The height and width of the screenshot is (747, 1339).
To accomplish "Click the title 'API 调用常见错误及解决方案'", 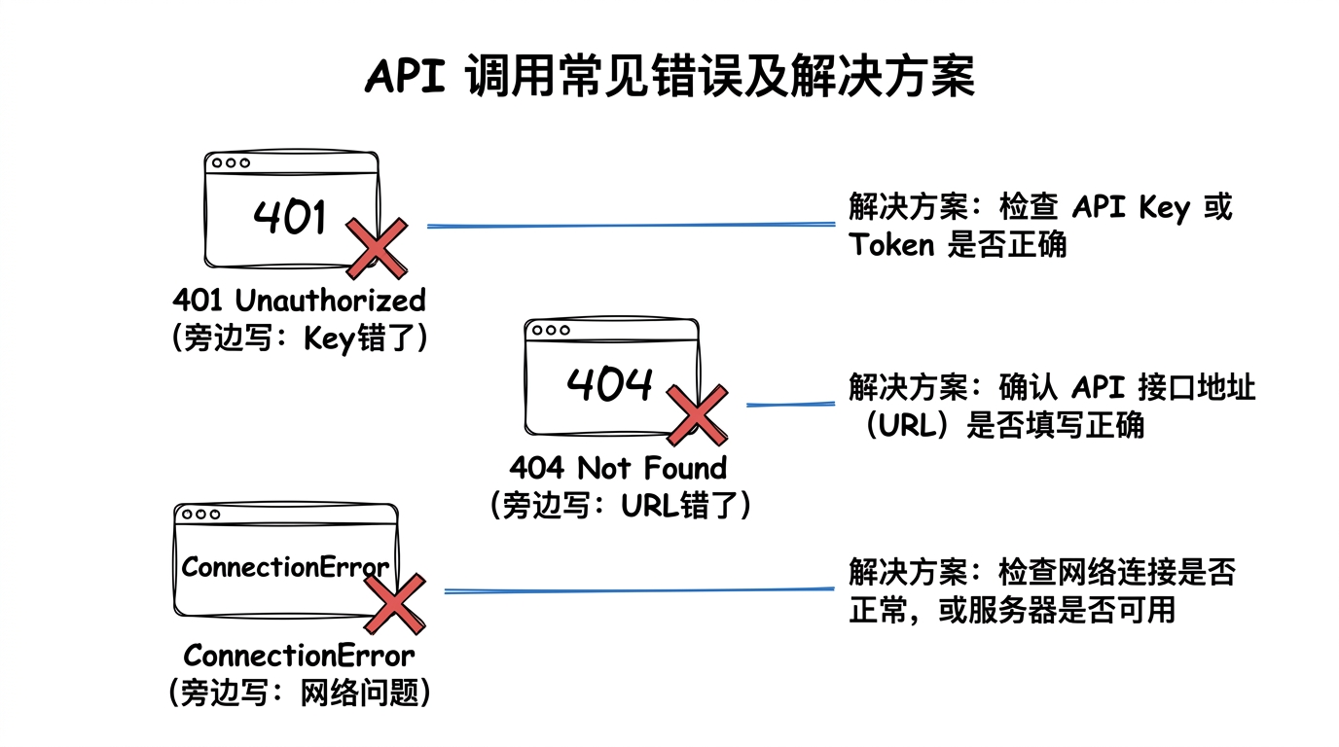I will tap(669, 77).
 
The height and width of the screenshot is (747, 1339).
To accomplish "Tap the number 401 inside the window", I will tap(290, 216).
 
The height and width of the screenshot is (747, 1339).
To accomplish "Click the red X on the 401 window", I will tap(376, 249).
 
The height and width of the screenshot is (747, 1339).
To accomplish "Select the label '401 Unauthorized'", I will tap(299, 300).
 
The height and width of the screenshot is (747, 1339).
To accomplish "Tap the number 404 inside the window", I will tap(609, 385).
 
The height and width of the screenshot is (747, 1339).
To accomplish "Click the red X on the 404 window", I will tap(696, 415).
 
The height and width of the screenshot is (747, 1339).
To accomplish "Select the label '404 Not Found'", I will tap(619, 468).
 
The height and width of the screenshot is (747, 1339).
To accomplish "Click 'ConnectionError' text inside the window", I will tap(285, 567).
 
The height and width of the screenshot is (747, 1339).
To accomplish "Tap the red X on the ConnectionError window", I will tap(393, 603).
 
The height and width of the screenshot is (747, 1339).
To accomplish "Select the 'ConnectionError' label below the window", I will tap(299, 655).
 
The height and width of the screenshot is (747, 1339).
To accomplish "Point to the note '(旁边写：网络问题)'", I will tap(299, 693).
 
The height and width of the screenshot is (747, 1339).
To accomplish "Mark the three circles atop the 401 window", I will tap(231, 163).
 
